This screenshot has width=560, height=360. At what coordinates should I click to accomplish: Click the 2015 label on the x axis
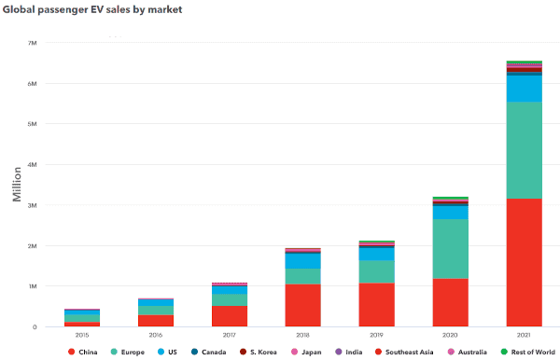tap(82, 333)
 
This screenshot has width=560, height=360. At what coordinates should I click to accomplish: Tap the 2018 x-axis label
tap(302, 333)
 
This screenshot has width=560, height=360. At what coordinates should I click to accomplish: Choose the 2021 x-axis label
tap(524, 333)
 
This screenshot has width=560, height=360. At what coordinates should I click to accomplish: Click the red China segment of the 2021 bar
tap(524, 262)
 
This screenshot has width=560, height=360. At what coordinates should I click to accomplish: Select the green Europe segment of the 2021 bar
tap(524, 150)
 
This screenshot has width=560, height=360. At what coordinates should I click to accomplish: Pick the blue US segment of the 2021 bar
tap(524, 88)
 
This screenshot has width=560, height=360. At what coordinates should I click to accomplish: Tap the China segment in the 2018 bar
tap(302, 305)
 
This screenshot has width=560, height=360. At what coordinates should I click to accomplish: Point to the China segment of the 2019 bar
tap(376, 305)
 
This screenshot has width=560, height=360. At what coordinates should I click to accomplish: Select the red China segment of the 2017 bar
tap(229, 316)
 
